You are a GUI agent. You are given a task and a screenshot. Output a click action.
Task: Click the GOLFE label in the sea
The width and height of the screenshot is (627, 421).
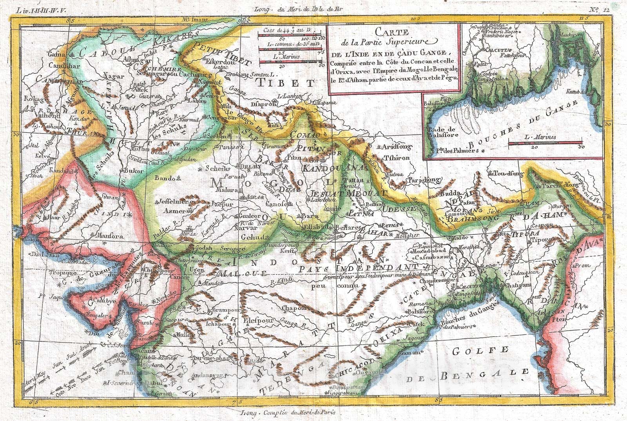pyautogui.click(x=480, y=351)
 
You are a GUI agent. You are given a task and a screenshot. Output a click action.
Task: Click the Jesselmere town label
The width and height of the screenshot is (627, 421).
pyautogui.click(x=172, y=202)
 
